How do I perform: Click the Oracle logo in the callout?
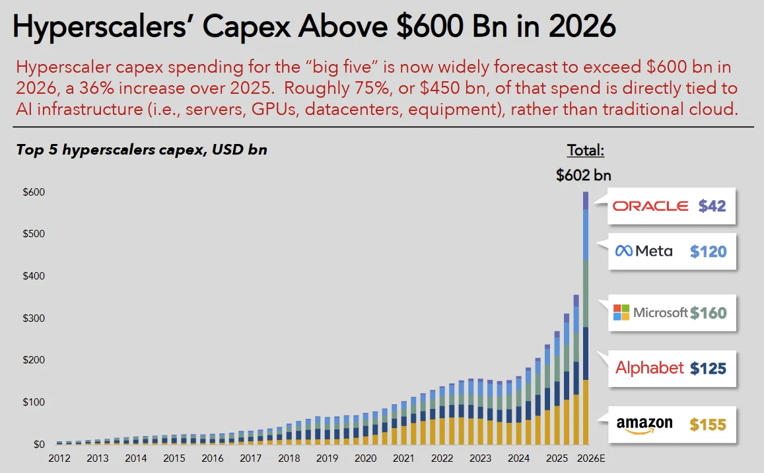point(650,206)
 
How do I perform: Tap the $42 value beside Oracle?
point(712,206)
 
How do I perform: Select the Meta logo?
point(644,251)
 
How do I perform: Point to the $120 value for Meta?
point(708,252)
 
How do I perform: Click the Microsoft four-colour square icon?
point(621,312)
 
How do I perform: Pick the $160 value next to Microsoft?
point(708,313)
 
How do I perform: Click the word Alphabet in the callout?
point(650,368)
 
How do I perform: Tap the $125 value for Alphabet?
point(708,369)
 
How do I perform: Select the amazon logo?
point(644,425)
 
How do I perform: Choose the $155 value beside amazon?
point(708,425)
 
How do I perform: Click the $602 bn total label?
point(583,175)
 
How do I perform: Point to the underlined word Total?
point(585,150)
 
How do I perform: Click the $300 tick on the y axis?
point(34,318)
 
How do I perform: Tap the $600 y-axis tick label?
point(34,192)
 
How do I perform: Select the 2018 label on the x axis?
point(289,458)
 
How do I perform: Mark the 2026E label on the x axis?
point(591,458)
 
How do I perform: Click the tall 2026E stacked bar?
point(586,318)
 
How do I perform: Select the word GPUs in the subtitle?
point(273,109)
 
